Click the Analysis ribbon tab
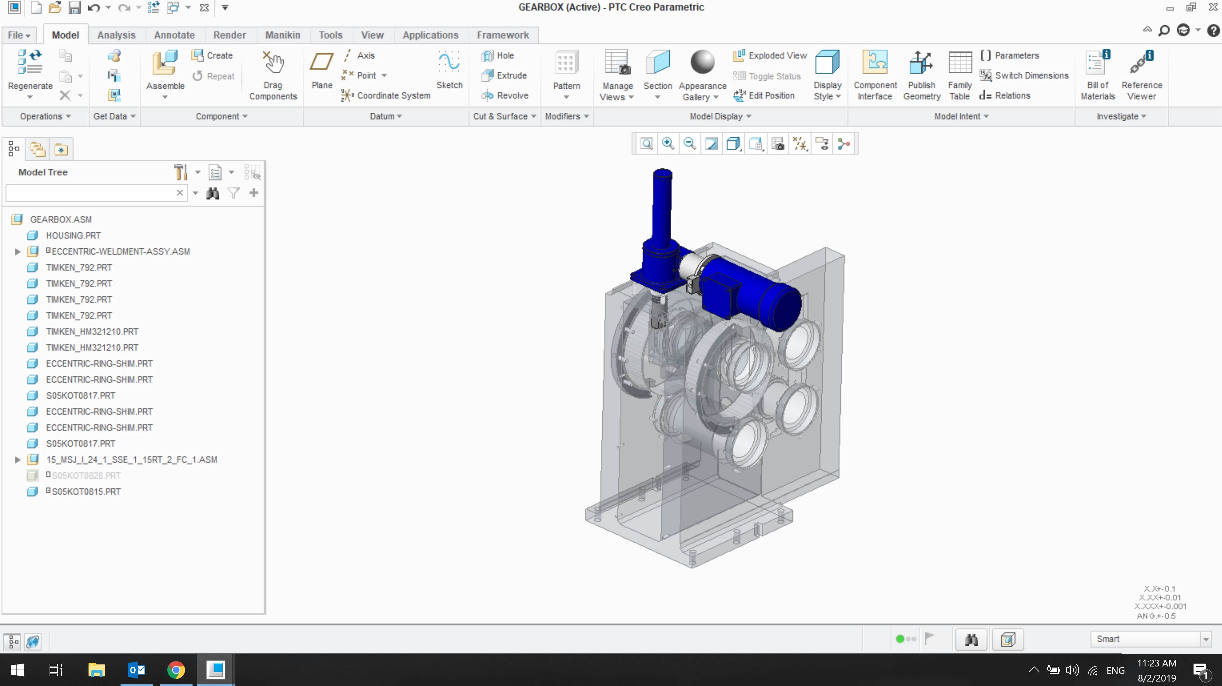click(116, 35)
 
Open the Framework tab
click(503, 35)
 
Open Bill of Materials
click(1098, 76)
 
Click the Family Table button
click(960, 76)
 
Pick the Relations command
click(1005, 95)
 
